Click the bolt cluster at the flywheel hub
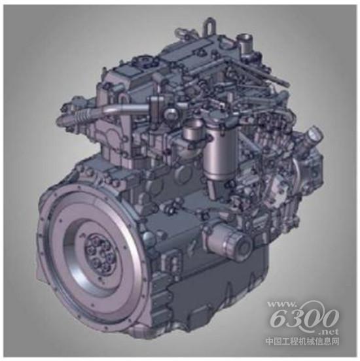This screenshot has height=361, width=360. tap(99, 254)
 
